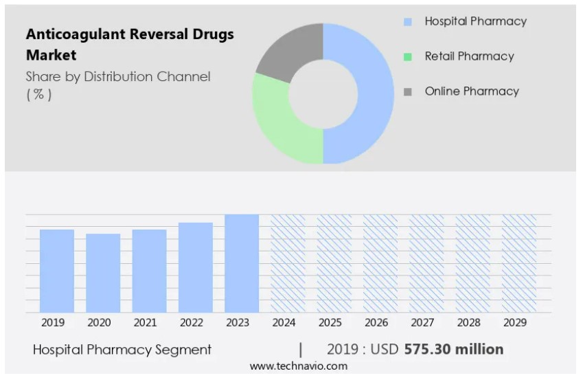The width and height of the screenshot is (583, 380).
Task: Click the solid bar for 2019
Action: pos(57,271)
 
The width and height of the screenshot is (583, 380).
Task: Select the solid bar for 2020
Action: pos(103,273)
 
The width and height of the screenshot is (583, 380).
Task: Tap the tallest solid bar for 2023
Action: pos(242,263)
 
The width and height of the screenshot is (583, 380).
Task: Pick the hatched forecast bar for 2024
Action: pos(288,263)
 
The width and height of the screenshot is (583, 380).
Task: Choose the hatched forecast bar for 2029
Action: pos(519,263)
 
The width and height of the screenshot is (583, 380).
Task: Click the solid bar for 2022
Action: pos(196,267)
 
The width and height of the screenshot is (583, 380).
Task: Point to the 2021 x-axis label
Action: pos(145,322)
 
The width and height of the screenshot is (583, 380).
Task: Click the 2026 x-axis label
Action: pos(376,322)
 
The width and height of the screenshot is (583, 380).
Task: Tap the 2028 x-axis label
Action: pos(468,322)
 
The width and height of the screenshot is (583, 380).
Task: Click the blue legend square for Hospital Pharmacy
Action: pos(408,22)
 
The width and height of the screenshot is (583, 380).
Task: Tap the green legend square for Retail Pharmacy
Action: pos(408,57)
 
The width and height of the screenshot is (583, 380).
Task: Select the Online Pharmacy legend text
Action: pos(472,91)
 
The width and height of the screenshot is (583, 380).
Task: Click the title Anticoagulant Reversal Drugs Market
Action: pos(129,44)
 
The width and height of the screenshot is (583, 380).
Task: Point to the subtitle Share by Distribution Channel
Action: pos(118,77)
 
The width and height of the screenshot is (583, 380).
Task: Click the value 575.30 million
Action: pos(454,349)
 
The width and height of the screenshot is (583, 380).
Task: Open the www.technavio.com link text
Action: pos(298,367)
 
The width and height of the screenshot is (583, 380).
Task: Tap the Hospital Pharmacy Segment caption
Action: pos(122,350)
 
